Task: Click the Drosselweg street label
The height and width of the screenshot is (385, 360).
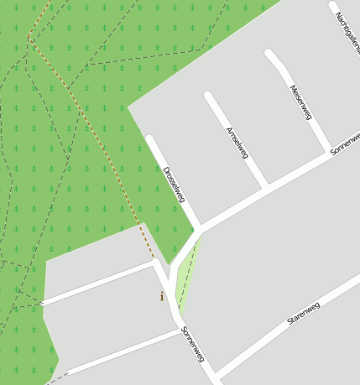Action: (x=175, y=184)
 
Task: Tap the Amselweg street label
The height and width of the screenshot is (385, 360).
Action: (x=237, y=143)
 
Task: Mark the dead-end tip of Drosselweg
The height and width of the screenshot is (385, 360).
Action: (x=150, y=139)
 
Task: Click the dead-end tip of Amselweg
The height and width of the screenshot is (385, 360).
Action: (x=209, y=96)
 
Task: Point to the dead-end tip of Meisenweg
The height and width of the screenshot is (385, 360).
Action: (x=269, y=55)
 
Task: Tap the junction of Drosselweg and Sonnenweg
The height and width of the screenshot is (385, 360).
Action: (x=201, y=227)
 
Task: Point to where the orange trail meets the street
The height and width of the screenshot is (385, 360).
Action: (x=154, y=259)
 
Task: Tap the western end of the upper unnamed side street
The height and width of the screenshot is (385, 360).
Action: (x=42, y=303)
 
